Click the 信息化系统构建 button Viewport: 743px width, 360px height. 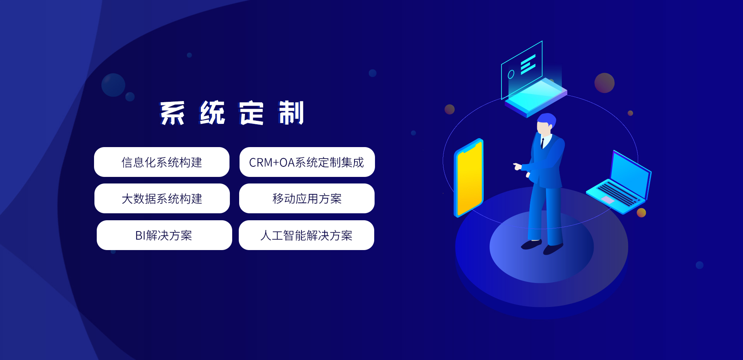pos(162,162)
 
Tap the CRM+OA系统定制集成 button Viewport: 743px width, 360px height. pos(307,162)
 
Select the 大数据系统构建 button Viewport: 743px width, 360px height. pos(162,198)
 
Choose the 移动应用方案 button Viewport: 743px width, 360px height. pos(307,198)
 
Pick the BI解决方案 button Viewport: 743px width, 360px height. pos(164,235)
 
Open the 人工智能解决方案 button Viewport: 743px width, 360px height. pos(306,235)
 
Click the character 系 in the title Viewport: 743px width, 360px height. pos(173,113)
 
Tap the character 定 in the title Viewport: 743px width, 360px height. pos(252,113)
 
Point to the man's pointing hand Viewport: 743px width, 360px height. pos(517,166)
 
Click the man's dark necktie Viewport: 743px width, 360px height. pos(543,143)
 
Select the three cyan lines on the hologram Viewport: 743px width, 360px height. pos(528,64)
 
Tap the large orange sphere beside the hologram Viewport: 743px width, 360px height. pos(604,83)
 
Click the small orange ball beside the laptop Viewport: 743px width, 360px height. pos(641,213)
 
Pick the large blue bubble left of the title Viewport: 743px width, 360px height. pos(113,85)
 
